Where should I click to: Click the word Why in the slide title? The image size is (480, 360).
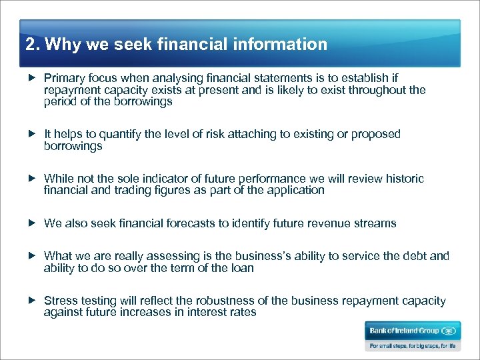point(63,45)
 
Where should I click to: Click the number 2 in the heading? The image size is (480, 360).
point(29,45)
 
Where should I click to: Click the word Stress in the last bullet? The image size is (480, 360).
point(60,301)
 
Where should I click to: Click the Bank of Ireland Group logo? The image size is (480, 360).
point(412,331)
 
